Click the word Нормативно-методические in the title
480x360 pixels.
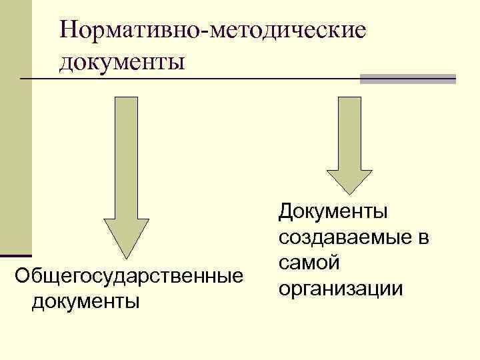coord(213,30)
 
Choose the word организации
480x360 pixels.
coord(341,289)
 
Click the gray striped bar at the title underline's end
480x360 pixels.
coord(407,79)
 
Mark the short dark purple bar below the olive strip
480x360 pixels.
coord(16,255)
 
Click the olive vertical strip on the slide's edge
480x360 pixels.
coord(15,127)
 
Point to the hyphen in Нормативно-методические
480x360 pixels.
coord(209,31)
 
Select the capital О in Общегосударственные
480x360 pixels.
coord(23,275)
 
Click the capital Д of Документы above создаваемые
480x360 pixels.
coord(287,213)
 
